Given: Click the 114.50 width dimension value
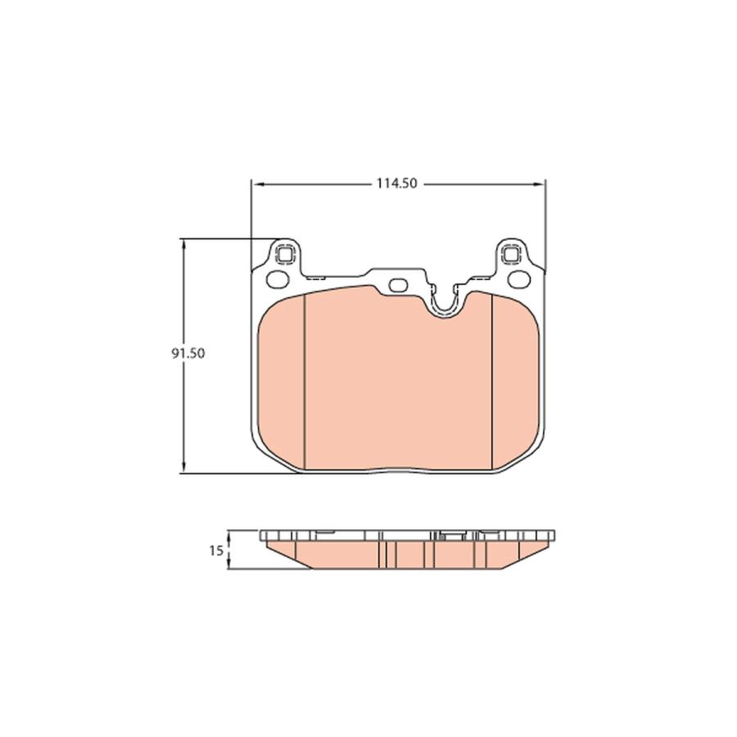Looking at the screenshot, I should click(397, 184).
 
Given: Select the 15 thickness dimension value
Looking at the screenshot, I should click(215, 551).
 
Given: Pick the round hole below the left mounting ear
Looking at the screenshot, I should click(278, 279).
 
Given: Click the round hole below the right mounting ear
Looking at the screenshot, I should click(518, 279).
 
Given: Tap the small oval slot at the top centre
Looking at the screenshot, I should click(399, 286).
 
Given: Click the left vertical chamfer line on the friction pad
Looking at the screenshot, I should click(305, 381).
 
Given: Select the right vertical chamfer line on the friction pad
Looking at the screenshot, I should click(490, 381).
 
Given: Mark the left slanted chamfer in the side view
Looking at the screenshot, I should click(287, 555).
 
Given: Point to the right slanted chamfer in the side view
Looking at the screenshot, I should click(521, 555).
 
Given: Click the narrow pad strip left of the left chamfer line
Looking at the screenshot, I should click(281, 381).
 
